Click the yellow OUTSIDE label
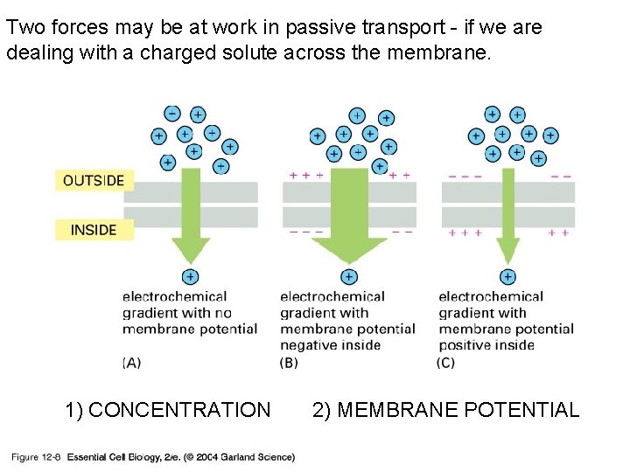(94, 181)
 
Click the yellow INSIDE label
(94, 230)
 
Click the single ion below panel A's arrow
(191, 277)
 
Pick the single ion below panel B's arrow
(349, 277)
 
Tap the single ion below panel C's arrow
(508, 277)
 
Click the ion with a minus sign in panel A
(171, 114)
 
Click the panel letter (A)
(132, 363)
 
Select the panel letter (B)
(289, 363)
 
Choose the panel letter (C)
(445, 363)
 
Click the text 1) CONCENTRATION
(168, 409)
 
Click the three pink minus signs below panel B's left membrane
(305, 233)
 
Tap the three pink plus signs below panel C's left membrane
(464, 233)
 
